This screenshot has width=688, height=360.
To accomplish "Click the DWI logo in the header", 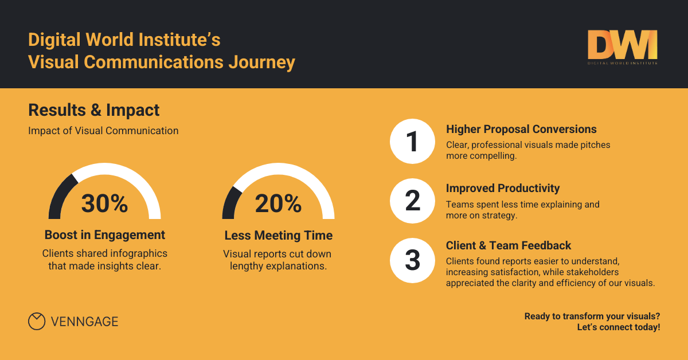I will [x=622, y=47].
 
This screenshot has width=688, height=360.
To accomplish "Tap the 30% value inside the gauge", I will [x=104, y=204].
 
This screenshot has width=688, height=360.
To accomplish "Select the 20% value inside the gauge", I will [x=278, y=204].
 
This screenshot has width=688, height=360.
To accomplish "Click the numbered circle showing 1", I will [x=413, y=142].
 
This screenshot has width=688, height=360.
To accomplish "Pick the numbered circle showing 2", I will [x=413, y=201].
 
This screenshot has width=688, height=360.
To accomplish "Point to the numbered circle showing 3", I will [x=413, y=260].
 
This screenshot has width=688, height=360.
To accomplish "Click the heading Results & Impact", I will [x=94, y=109].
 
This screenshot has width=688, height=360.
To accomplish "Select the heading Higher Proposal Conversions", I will [x=521, y=129].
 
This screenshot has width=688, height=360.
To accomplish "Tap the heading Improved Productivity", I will [x=503, y=188].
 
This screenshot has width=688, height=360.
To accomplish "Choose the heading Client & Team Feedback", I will [x=509, y=245].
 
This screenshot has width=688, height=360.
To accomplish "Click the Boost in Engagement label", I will [x=105, y=235].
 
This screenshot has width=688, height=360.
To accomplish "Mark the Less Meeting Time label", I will [x=278, y=236].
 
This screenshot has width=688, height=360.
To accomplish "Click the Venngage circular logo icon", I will [x=37, y=322].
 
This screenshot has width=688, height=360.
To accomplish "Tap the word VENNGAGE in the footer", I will [x=84, y=322].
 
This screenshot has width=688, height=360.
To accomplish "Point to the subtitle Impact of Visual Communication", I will [x=103, y=131].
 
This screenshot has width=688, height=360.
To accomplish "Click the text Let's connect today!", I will [x=619, y=327].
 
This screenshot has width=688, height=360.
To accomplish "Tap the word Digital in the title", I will [x=54, y=41].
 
